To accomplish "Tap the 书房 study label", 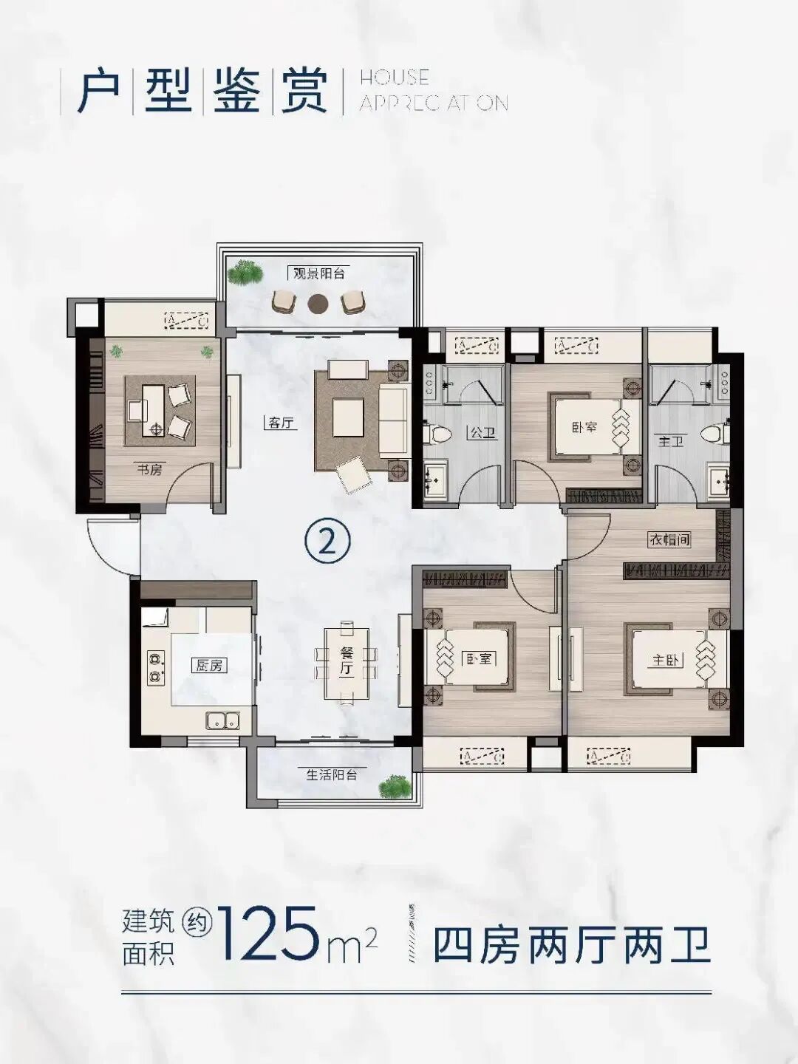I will coord(149,469).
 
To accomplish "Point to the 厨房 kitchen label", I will coord(210,665).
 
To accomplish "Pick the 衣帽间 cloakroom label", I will coord(669,539).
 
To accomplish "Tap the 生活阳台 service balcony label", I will coord(332,775).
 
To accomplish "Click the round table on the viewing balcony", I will coord(318,301).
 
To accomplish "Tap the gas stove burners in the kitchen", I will coord(156,666).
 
